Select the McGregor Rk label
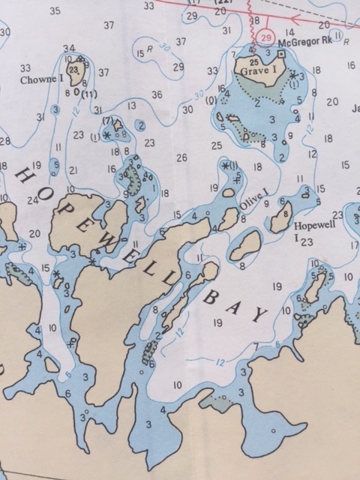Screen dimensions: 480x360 [299, 44]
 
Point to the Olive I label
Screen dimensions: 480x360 [252, 198]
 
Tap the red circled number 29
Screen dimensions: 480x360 [265, 36]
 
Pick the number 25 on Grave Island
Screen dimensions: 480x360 [254, 61]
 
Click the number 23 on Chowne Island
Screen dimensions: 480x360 [73, 70]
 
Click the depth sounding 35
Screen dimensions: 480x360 [54, 10]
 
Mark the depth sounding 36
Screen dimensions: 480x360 [157, 95]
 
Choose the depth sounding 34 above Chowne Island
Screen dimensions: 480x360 [69, 49]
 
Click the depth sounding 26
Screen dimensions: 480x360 [181, 158]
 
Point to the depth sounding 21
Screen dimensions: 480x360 [73, 170]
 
